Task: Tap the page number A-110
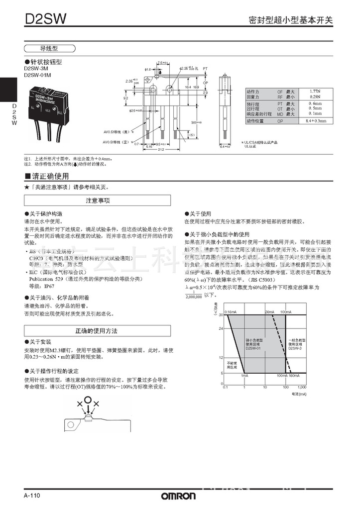coord(31,496)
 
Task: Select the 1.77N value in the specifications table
coord(315,92)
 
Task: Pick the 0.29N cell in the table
coord(315,97)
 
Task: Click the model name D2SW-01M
coord(37,75)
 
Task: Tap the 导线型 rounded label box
coord(49,49)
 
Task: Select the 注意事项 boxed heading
coord(97,200)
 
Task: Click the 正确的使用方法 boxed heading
coord(97,331)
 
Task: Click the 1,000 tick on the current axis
coord(302,387)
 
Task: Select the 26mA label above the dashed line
coord(269,312)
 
